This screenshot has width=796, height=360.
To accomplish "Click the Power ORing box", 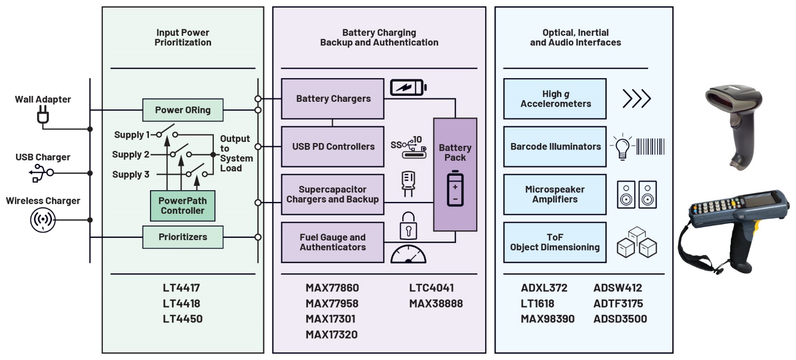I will (x=183, y=110).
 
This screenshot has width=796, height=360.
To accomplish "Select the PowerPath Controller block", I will (x=182, y=206).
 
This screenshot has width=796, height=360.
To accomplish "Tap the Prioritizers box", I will (x=183, y=237).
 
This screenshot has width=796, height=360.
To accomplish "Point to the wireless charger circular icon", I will (x=43, y=220).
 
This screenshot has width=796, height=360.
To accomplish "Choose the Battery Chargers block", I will (x=333, y=99).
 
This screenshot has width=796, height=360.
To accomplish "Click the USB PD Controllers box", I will (x=333, y=146).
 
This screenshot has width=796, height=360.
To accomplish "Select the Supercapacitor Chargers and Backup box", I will (x=333, y=194).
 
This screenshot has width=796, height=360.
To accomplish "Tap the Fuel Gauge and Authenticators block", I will (x=333, y=242).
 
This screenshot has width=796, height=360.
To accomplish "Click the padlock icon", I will (x=408, y=225).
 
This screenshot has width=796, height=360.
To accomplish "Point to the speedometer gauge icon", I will (x=408, y=253).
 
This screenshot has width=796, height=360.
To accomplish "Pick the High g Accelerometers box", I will (x=555, y=99).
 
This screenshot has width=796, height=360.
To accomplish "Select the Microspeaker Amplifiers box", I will (x=555, y=194).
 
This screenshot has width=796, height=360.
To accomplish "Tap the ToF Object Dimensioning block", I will (x=555, y=242).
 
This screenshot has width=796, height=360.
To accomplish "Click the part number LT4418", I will (x=182, y=303).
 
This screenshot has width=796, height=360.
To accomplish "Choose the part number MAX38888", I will (x=435, y=304).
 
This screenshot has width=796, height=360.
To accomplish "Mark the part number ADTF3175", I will (x=618, y=303).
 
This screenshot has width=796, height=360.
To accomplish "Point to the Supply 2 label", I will (x=131, y=155).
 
